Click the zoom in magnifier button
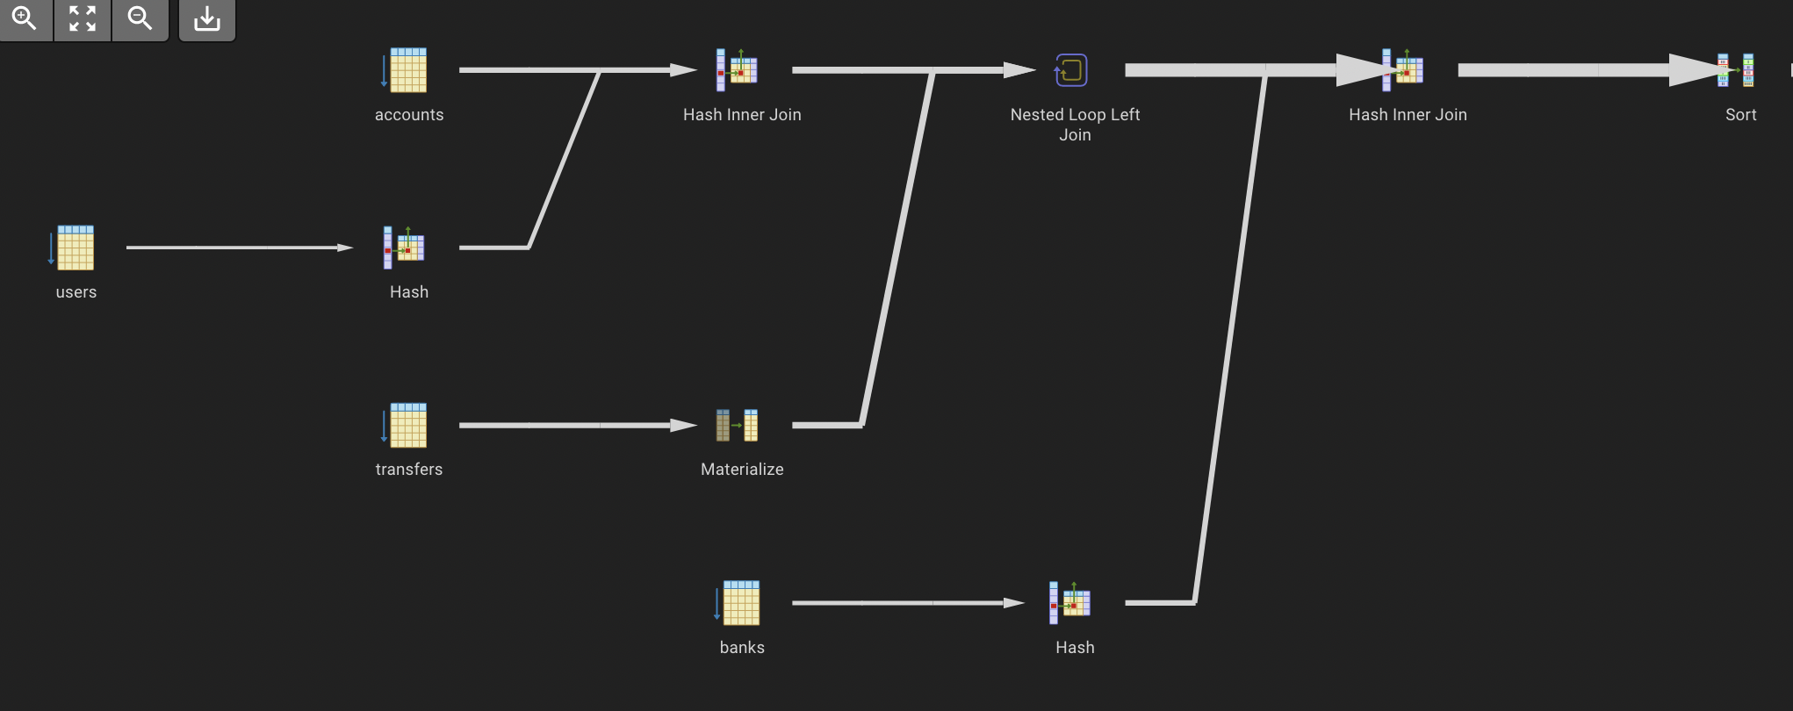tap(25, 18)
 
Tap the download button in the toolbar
tap(207, 18)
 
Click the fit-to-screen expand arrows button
tap(83, 18)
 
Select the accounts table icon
tap(406, 70)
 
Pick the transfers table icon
tap(406, 426)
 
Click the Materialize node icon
tap(738, 426)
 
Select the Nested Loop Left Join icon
tap(1071, 70)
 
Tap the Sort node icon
tap(1737, 70)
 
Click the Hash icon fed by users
tap(405, 248)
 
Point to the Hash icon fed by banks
tap(1070, 603)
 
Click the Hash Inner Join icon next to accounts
tap(738, 70)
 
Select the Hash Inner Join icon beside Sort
tap(1403, 70)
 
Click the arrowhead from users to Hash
tap(344, 248)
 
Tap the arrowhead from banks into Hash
tap(1013, 603)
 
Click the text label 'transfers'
tap(409, 470)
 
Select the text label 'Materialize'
tap(742, 470)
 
